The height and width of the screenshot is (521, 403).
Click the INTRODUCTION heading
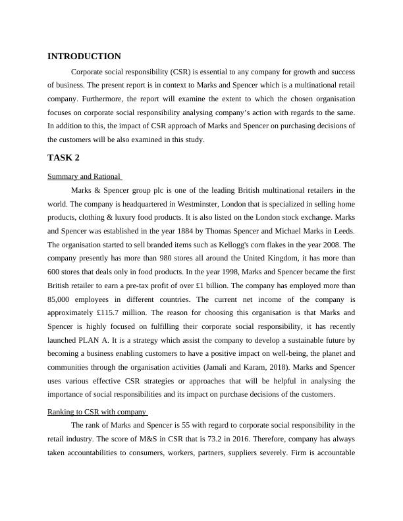pyautogui.click(x=84, y=57)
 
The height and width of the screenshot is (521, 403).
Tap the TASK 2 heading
pyautogui.click(x=63, y=158)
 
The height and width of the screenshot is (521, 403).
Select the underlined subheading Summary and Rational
pyautogui.click(x=85, y=176)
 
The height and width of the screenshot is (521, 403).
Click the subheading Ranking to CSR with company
pyautogui.click(x=97, y=411)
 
